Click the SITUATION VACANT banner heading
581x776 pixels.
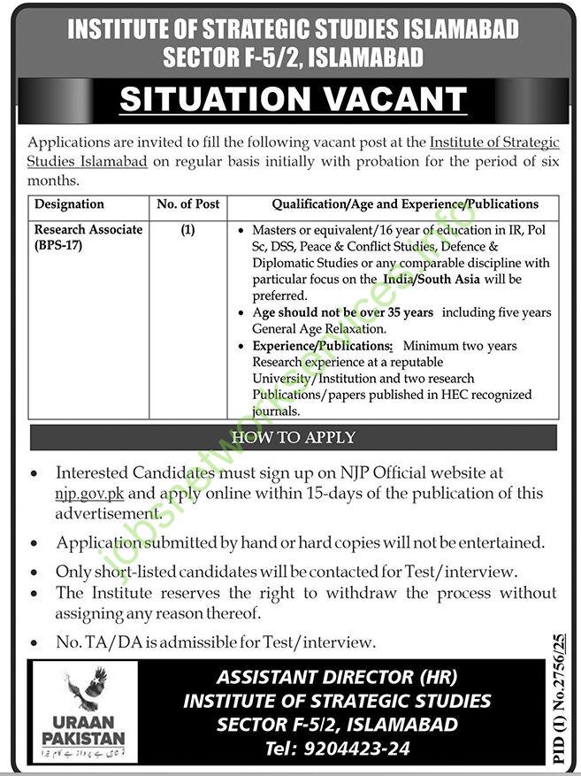click(x=293, y=99)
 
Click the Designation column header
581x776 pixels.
click(x=69, y=204)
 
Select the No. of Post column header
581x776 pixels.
click(x=187, y=204)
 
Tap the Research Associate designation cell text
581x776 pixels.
click(x=88, y=230)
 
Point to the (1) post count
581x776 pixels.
click(x=187, y=230)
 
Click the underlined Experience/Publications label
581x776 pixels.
click(x=322, y=346)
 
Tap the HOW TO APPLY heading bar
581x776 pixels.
click(x=293, y=438)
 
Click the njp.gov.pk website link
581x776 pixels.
click(x=86, y=493)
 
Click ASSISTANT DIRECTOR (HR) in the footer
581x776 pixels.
click(x=337, y=678)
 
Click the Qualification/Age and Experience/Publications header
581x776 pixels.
click(x=405, y=204)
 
